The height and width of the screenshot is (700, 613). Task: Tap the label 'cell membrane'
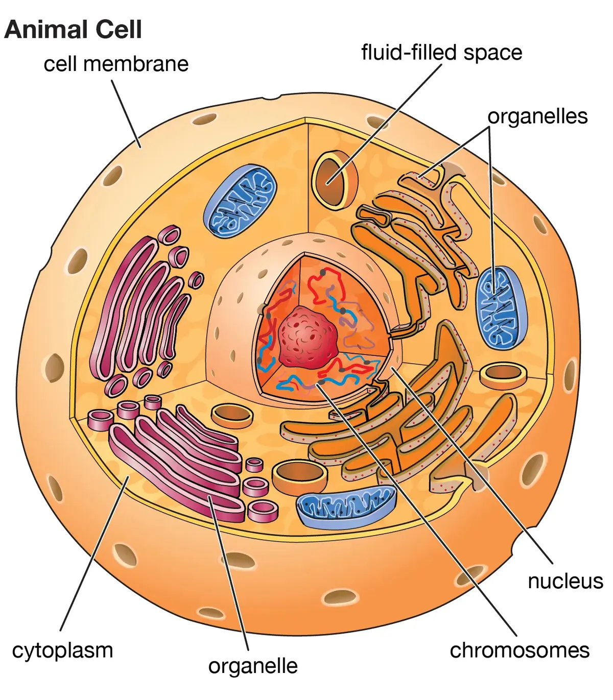[x=116, y=64]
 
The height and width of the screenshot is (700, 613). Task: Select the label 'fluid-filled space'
[x=441, y=53]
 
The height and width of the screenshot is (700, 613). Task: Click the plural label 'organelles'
[x=537, y=116]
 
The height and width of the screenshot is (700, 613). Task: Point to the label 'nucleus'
[x=565, y=581]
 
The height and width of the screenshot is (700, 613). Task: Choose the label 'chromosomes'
[x=520, y=650]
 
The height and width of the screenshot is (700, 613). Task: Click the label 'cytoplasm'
[x=62, y=650]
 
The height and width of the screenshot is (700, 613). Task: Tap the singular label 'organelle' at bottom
[x=253, y=666]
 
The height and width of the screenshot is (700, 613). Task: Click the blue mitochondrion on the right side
[x=501, y=307]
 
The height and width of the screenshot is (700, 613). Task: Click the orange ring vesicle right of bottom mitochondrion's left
[x=300, y=476]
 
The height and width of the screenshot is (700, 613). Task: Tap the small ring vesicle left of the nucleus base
[x=232, y=416]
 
